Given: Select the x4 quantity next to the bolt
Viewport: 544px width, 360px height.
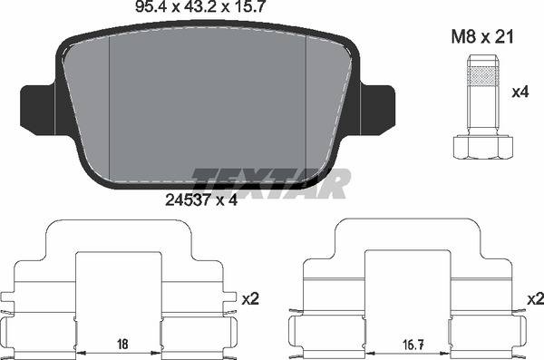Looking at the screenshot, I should click(520, 92).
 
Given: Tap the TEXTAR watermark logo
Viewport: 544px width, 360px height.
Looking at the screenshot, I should click(271, 183).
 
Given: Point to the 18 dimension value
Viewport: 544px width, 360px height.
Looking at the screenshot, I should click(121, 345).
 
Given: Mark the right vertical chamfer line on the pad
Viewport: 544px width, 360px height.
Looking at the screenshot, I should click(306, 109).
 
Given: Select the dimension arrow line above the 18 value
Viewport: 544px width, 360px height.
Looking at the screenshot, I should click(121, 352).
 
